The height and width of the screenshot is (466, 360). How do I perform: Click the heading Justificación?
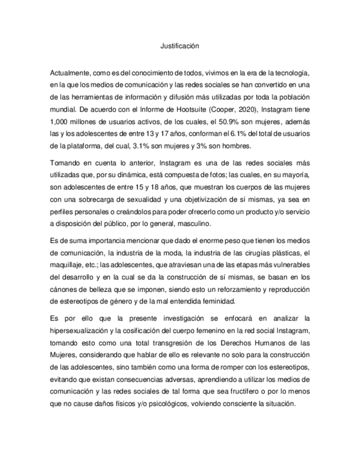click(180, 46)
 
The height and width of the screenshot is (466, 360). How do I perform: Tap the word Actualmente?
click(70, 73)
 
